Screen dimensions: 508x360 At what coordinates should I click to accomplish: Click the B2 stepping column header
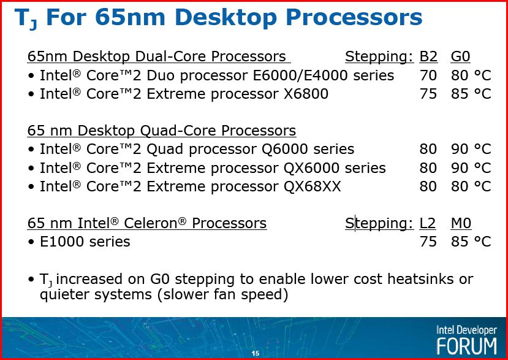tap(428, 56)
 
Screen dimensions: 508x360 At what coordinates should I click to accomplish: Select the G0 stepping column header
tap(460, 56)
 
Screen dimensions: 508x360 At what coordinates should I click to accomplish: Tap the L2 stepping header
tap(428, 223)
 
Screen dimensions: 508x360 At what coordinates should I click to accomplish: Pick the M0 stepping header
tap(461, 223)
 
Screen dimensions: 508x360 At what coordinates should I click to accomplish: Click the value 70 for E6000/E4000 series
tap(428, 75)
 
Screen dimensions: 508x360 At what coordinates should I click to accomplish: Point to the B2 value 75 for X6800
tap(428, 94)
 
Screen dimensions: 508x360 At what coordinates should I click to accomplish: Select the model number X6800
tap(306, 94)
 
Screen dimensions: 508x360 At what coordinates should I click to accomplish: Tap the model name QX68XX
tap(313, 186)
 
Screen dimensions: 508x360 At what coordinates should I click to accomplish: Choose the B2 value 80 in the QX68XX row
tap(428, 186)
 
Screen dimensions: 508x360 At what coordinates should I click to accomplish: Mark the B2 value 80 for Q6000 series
tap(428, 149)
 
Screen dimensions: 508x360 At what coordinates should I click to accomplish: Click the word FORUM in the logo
tap(467, 346)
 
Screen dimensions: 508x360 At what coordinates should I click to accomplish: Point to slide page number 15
tap(256, 353)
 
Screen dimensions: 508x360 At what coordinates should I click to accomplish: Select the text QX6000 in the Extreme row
tap(312, 168)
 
